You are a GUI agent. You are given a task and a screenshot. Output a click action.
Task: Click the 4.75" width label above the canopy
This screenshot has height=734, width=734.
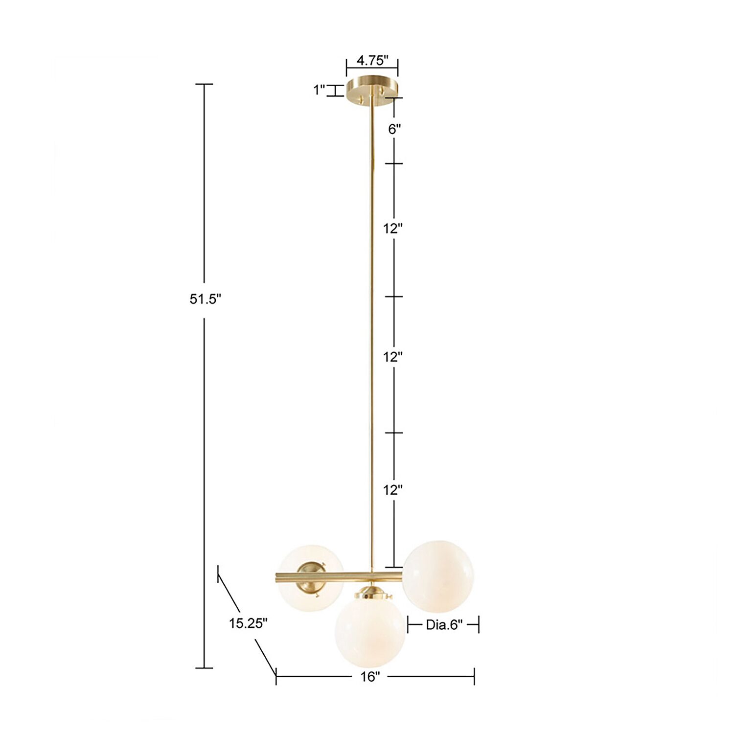(372, 61)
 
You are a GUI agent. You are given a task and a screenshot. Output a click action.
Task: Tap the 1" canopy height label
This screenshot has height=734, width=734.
(320, 90)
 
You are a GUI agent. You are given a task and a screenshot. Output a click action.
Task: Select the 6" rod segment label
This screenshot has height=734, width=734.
(394, 130)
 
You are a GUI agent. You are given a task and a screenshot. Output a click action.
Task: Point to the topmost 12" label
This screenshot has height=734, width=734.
(393, 229)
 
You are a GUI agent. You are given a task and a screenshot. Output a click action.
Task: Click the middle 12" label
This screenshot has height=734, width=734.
(393, 357)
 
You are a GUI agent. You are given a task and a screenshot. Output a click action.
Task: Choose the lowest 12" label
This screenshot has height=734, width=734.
(393, 490)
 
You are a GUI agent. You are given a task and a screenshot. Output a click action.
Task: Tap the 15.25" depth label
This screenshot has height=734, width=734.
(249, 623)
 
